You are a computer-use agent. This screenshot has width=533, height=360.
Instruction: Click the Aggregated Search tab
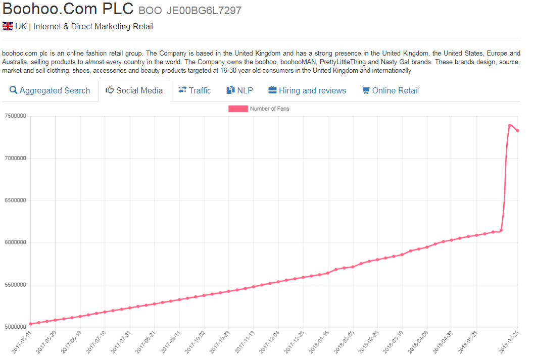tap(50, 91)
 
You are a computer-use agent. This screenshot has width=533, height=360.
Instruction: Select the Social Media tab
tap(134, 91)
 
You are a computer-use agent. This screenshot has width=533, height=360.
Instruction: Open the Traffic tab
tap(195, 91)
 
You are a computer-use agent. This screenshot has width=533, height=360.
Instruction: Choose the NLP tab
tap(239, 91)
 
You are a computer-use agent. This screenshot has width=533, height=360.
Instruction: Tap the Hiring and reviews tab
tap(307, 91)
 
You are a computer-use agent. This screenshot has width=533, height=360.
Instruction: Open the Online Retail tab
tap(391, 91)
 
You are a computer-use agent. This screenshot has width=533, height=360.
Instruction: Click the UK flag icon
tap(8, 26)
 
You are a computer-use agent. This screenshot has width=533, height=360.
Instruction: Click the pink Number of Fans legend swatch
tap(238, 109)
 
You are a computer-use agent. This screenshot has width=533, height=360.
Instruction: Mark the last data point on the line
tap(518, 131)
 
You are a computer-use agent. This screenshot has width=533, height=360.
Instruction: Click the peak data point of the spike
tap(510, 125)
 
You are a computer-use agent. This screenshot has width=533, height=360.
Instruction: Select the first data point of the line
tap(30, 324)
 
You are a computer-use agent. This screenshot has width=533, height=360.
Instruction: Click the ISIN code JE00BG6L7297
tap(204, 11)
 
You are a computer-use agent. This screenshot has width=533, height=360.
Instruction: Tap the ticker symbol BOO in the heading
tap(150, 11)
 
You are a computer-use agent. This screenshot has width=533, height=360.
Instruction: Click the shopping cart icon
tap(365, 90)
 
